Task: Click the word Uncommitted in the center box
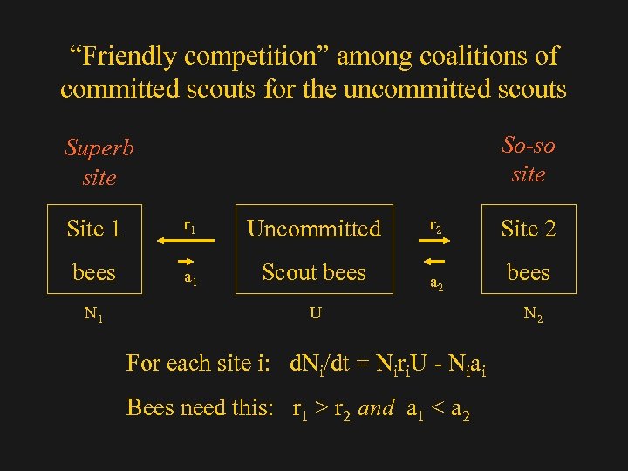314,229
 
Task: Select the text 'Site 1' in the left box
93,229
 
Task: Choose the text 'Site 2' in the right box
528,229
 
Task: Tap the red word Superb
99,147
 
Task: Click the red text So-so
529,144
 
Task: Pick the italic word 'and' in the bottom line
376,407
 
